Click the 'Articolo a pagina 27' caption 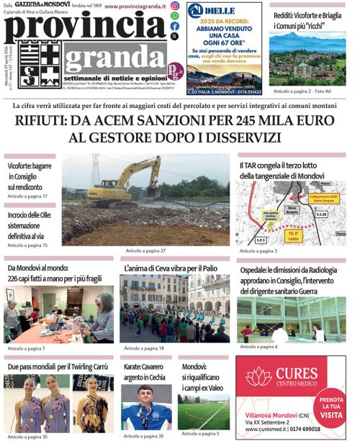[145, 250]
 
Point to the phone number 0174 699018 [320, 429]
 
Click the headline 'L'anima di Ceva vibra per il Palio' [170, 268]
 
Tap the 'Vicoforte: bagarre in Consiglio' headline [30, 176]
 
